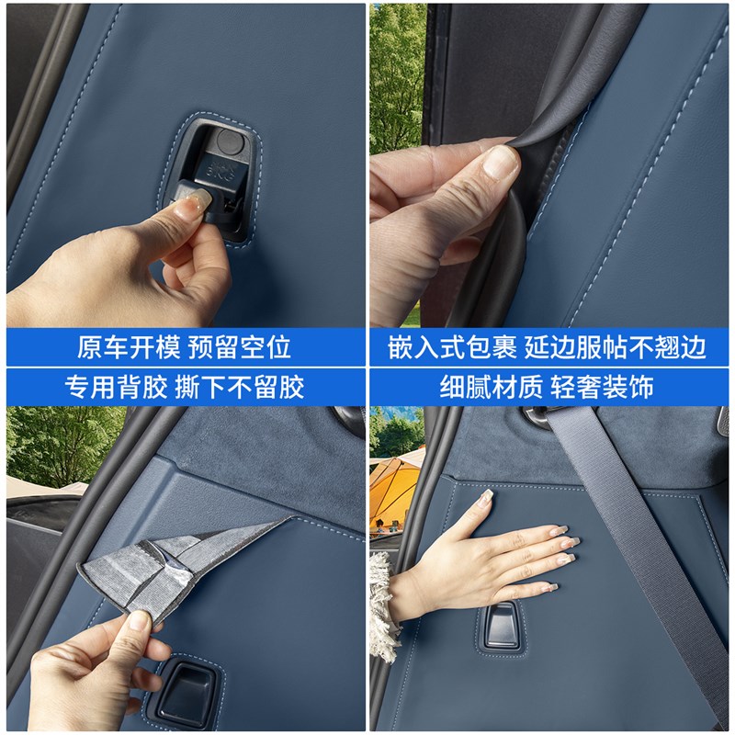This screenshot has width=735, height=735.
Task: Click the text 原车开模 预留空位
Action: (184, 347)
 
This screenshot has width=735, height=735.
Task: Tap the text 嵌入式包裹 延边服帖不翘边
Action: (551, 347)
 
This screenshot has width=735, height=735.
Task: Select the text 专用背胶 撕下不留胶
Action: (184, 387)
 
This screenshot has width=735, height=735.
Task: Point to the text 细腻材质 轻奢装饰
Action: (551, 387)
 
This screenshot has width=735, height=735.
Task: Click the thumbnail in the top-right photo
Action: (501, 163)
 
